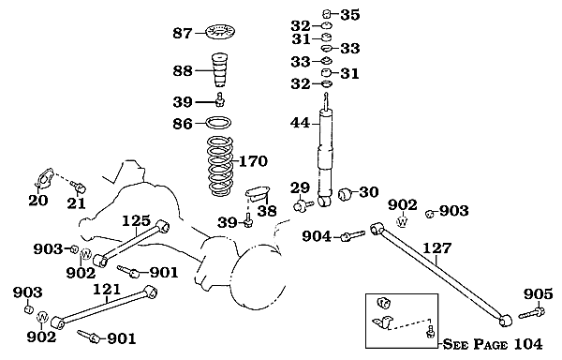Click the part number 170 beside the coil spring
click(253, 161)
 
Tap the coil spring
click(220, 167)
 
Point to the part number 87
click(183, 34)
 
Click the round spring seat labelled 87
click(219, 32)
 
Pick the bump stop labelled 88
click(220, 70)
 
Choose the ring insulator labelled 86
click(218, 122)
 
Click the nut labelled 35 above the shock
click(326, 14)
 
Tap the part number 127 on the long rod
click(436, 248)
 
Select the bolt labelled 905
click(531, 312)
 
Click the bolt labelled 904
click(352, 235)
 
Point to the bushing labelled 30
click(345, 194)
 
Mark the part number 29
click(300, 188)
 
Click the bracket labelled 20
click(45, 178)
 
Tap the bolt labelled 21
click(79, 187)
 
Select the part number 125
click(136, 221)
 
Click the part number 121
click(107, 289)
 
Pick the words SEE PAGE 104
click(493, 344)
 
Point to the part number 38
click(267, 211)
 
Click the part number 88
click(183, 70)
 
